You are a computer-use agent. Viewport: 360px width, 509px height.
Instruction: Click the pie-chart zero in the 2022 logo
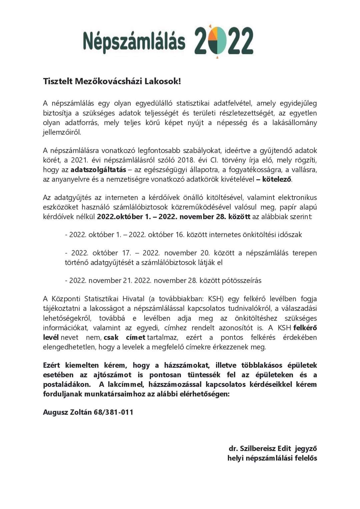tap(217, 41)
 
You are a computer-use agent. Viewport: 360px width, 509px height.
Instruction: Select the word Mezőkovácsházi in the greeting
tap(109, 81)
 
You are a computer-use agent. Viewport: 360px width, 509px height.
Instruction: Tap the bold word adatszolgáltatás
tap(98, 170)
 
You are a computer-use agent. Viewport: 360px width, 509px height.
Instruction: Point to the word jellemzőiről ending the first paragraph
tap(62, 132)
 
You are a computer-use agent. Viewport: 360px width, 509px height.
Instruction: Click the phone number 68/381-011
tap(113, 412)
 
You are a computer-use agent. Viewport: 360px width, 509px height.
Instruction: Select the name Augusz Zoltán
tap(67, 412)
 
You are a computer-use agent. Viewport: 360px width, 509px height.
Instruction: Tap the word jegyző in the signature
tap(306, 449)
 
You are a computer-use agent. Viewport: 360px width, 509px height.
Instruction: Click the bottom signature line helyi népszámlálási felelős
tap(272, 458)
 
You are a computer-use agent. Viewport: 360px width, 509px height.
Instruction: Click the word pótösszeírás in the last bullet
tap(230, 280)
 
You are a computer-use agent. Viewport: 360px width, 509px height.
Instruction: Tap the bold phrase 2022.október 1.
tap(124, 217)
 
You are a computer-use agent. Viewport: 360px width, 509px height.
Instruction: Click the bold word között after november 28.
tap(239, 217)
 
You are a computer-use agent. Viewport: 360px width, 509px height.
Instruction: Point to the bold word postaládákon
tap(67, 384)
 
